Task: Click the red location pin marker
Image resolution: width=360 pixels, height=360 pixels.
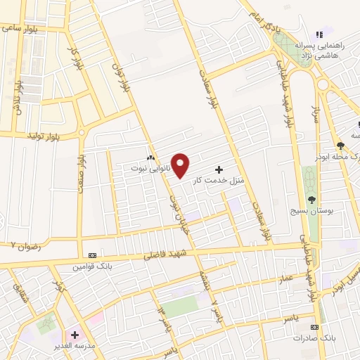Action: click(x=181, y=165)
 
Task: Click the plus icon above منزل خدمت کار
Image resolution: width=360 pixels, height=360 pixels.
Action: click(x=219, y=169)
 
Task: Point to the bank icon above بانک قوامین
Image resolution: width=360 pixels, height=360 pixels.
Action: click(x=92, y=255)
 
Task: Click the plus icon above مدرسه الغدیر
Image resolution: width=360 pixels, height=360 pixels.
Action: click(x=75, y=335)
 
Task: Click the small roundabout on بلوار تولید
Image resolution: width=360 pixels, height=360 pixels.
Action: click(x=82, y=131)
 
